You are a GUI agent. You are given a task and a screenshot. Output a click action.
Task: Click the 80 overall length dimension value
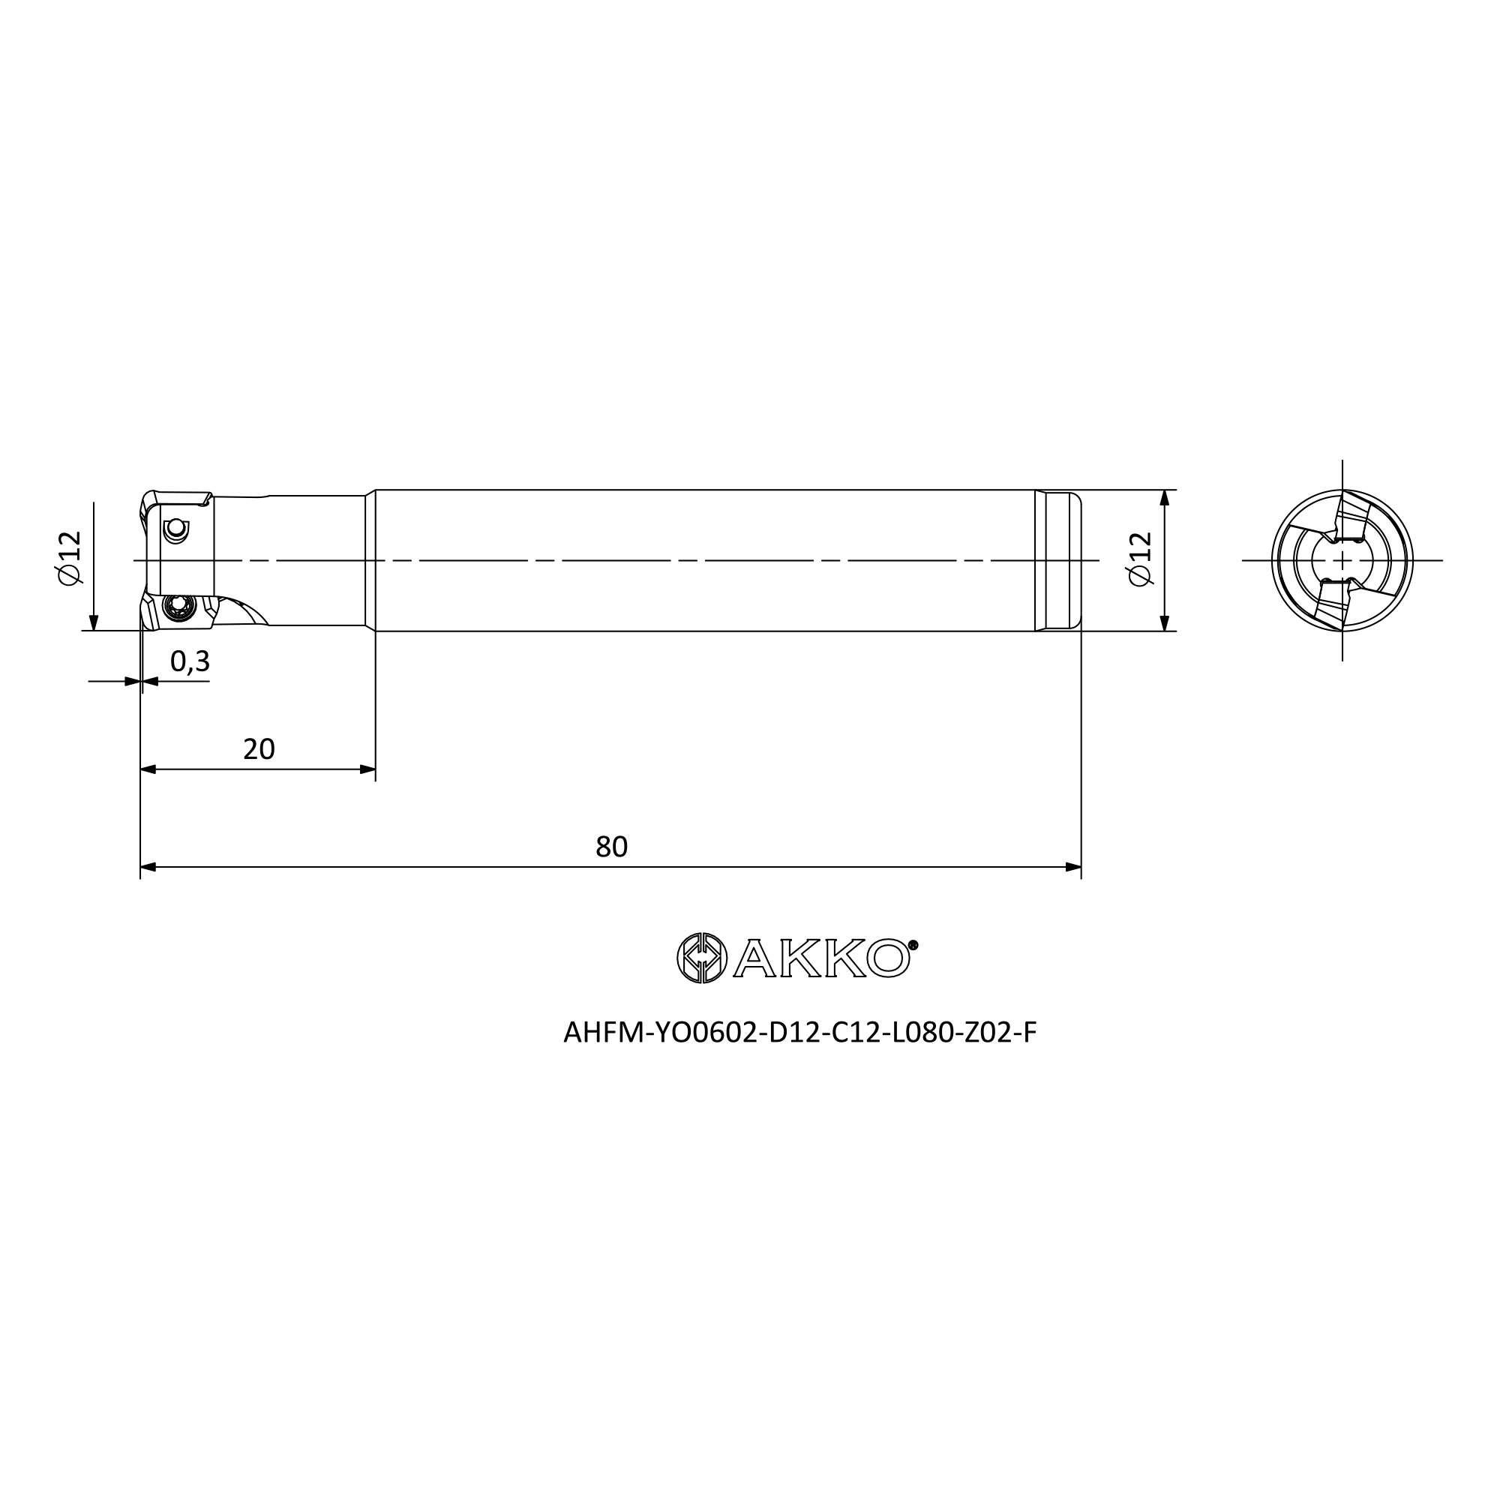(x=611, y=846)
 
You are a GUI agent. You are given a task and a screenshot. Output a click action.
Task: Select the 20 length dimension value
(x=259, y=748)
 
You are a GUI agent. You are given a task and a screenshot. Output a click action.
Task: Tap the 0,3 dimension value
(x=190, y=661)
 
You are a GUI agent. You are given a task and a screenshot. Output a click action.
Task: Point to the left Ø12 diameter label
(x=69, y=558)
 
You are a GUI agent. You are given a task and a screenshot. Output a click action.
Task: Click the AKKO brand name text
(x=821, y=958)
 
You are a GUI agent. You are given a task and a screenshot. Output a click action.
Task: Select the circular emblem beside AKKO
(x=701, y=958)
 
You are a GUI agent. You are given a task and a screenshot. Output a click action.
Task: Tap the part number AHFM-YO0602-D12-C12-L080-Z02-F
(x=799, y=1033)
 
